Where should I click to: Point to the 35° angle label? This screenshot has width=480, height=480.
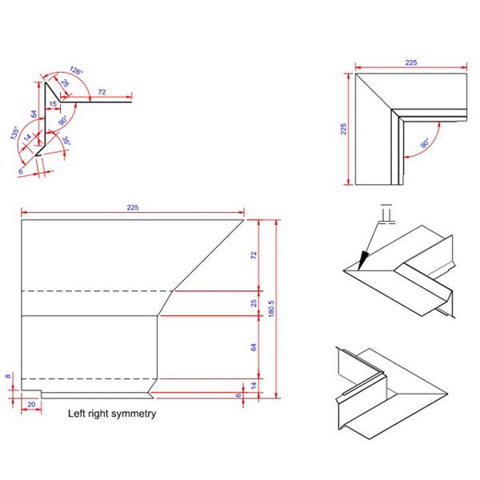point(66,142)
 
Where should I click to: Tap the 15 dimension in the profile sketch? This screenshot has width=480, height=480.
point(52,103)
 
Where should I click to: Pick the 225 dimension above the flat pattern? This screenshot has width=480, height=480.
point(133,208)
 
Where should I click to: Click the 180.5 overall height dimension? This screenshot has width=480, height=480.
point(271,308)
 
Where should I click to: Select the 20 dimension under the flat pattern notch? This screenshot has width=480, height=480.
point(31,405)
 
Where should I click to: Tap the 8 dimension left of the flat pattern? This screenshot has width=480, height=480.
point(9,375)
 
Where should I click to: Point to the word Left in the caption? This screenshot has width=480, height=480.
point(78,414)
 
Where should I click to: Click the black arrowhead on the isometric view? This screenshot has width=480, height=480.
point(363,259)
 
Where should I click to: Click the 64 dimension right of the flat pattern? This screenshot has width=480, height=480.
point(254,347)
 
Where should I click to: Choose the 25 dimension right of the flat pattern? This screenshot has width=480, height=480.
point(254,303)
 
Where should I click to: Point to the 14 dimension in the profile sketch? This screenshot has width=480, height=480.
point(29,138)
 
